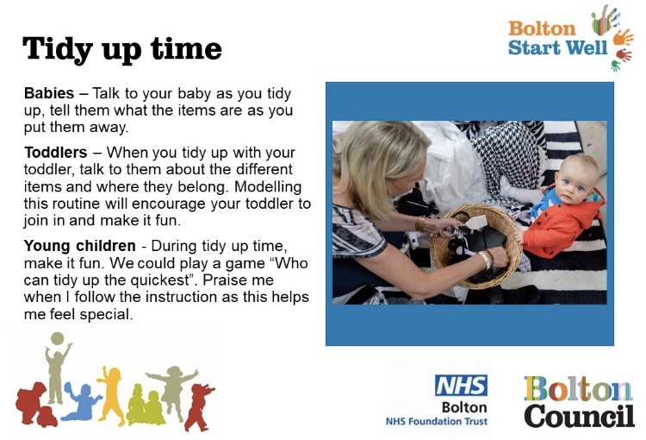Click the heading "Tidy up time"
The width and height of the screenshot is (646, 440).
click(x=122, y=49)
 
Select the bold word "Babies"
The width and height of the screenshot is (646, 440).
click(x=49, y=93)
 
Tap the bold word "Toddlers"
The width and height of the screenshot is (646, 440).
click(x=55, y=153)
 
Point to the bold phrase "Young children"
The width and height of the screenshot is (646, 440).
click(x=79, y=246)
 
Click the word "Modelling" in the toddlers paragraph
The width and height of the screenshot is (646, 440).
click(x=268, y=187)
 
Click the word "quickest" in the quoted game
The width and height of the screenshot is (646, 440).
click(x=162, y=280)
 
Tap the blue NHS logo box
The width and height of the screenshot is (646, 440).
click(x=462, y=386)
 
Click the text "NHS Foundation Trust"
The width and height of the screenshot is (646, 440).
click(x=437, y=421)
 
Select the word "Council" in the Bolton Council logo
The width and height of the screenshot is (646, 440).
click(x=580, y=416)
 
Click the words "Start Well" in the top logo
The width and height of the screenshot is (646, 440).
click(x=558, y=47)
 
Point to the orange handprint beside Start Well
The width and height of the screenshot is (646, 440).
click(x=623, y=38)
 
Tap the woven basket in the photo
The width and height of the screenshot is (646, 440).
click(x=475, y=247)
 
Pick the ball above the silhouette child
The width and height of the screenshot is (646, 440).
click(x=57, y=338)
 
